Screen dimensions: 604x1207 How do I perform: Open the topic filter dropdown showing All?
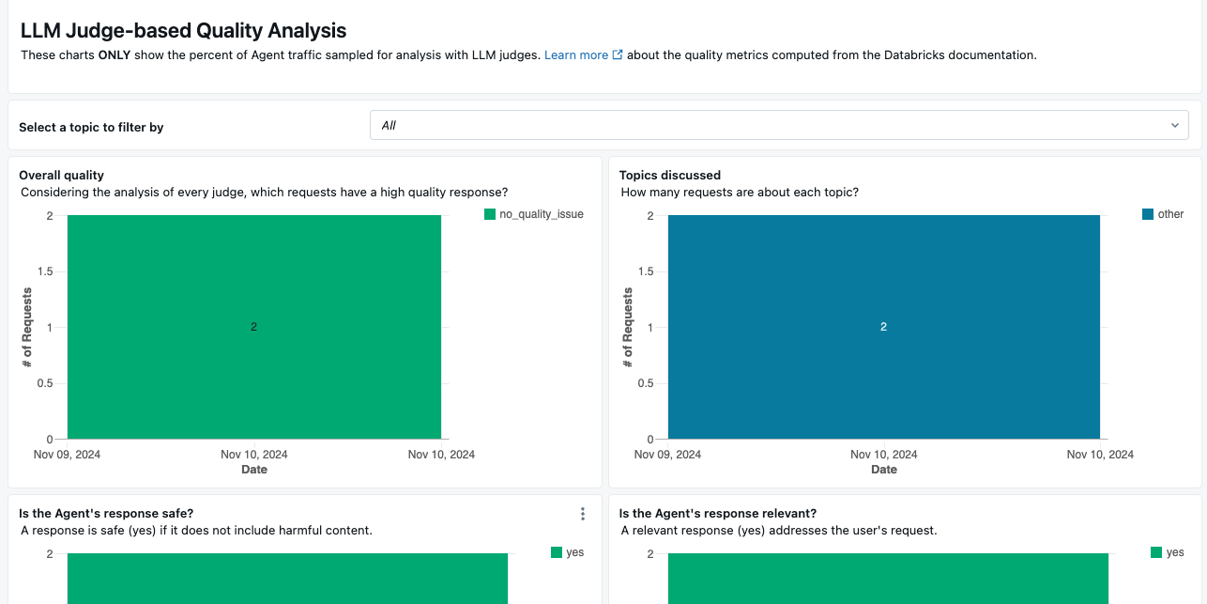tap(779, 125)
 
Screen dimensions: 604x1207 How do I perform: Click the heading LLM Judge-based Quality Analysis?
tap(183, 31)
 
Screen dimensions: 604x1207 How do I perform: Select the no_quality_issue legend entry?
tap(533, 214)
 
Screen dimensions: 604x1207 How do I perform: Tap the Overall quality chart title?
tap(61, 175)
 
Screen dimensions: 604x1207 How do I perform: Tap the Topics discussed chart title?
tap(670, 175)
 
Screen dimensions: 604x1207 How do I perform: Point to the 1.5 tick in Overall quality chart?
tap(44, 271)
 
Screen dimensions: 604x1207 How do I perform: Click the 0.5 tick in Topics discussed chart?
tap(645, 383)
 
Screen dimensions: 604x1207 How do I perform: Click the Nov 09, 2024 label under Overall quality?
tap(67, 455)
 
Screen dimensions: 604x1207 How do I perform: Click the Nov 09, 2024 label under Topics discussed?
tap(668, 455)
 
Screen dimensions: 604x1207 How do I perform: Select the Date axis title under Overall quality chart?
tap(254, 470)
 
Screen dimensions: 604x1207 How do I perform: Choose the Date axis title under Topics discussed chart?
tap(884, 470)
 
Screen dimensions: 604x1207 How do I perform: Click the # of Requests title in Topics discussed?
tap(628, 327)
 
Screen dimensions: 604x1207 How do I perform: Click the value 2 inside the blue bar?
tap(883, 327)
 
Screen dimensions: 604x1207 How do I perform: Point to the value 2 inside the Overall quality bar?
tap(253, 327)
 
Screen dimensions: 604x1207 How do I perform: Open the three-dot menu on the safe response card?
tap(583, 514)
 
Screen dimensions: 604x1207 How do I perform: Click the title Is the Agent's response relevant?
tap(718, 514)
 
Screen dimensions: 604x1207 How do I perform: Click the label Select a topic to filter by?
tap(91, 127)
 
